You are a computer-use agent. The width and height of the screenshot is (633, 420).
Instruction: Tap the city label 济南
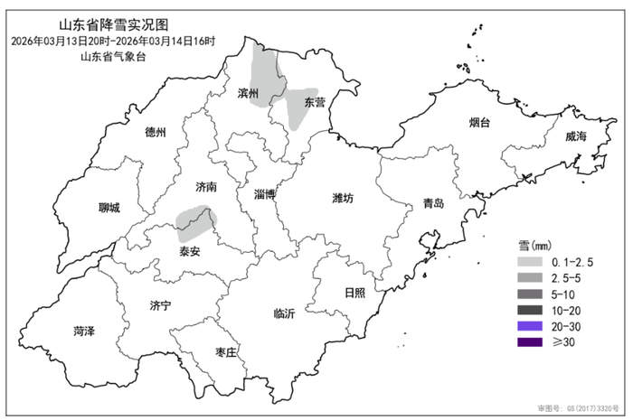(207, 187)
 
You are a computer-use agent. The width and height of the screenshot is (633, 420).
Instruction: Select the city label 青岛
(434, 204)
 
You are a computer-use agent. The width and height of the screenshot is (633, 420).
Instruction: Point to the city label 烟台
(481, 122)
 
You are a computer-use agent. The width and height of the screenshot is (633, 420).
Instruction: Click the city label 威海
(576, 136)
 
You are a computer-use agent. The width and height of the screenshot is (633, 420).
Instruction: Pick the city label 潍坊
(344, 197)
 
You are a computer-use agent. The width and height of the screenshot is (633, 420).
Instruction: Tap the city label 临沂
(284, 314)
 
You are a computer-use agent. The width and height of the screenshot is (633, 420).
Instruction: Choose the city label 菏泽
(84, 331)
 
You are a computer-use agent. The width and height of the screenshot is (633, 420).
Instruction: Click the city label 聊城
(109, 208)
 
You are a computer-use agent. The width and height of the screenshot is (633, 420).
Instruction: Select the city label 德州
(156, 132)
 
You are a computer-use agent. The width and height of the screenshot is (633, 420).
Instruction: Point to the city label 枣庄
(225, 351)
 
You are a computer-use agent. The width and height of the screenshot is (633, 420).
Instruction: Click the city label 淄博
(265, 194)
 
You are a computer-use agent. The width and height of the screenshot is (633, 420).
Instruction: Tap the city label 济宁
(160, 306)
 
